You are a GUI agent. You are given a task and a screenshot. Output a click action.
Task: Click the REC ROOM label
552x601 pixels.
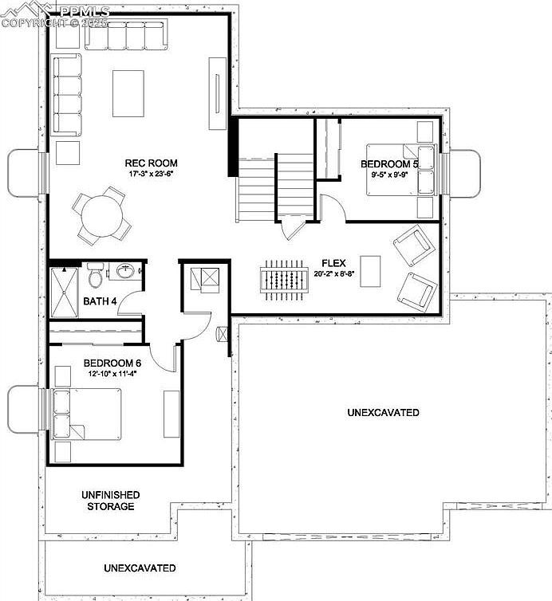[151, 163]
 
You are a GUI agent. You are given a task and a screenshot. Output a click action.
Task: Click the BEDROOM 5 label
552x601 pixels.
[390, 164]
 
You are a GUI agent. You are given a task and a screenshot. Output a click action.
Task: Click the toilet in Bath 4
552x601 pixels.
[96, 276]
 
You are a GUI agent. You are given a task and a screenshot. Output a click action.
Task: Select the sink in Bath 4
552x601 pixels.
[125, 273]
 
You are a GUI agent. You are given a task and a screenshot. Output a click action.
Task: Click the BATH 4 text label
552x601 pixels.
[101, 301]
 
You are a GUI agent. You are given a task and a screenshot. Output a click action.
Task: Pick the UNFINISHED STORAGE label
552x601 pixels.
[111, 501]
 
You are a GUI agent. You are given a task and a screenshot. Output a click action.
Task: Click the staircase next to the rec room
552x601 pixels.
[275, 188]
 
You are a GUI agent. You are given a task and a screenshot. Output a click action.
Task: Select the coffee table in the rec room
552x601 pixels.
[128, 92]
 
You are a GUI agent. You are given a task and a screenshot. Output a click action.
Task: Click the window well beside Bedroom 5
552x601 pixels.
[466, 173]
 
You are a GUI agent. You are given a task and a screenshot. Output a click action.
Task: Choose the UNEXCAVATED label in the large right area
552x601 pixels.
[383, 413]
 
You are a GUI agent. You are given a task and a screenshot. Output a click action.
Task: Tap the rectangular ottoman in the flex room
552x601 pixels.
[369, 269]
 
